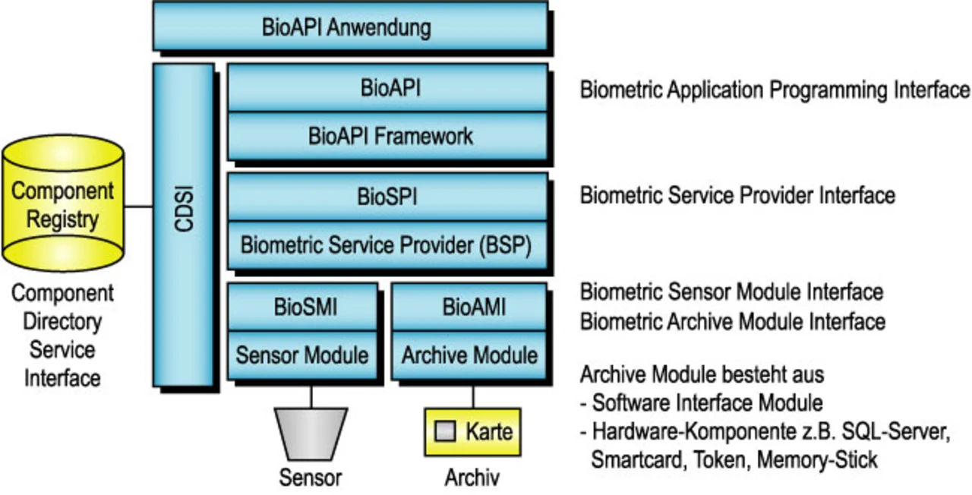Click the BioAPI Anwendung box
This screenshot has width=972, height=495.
(x=349, y=27)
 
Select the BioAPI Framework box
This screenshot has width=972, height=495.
(x=387, y=137)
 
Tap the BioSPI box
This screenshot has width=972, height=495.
(x=387, y=197)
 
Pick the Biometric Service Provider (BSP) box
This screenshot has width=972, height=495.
(x=387, y=246)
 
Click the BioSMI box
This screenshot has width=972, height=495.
(x=302, y=307)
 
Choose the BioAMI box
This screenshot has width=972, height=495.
(x=468, y=307)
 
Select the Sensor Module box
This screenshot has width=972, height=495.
(x=302, y=355)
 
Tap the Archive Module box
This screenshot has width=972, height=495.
(x=468, y=355)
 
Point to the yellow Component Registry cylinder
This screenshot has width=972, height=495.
(x=63, y=205)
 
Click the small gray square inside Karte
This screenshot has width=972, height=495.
(x=446, y=432)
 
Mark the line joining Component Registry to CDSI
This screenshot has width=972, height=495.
(x=138, y=206)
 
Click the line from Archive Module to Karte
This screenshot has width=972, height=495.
(x=473, y=396)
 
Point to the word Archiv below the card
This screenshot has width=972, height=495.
(x=472, y=478)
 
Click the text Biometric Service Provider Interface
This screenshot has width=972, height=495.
(x=737, y=195)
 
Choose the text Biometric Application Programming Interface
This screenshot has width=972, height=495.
(x=775, y=90)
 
